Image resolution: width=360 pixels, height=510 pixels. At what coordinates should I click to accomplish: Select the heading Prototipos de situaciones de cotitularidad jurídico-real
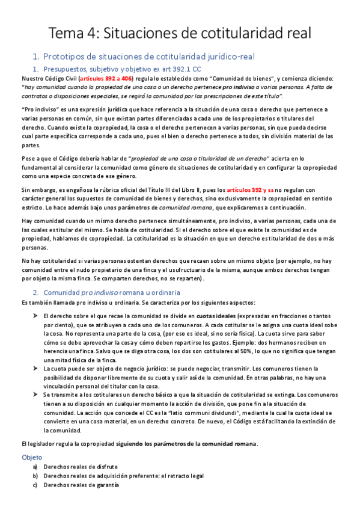pos(150,57)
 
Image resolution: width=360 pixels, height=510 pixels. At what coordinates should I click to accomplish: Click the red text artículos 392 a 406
pos(95,79)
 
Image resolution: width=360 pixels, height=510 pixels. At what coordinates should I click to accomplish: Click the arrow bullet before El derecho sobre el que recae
pos(35,315)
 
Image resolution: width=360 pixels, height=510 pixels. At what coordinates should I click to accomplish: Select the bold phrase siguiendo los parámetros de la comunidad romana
pos(188,444)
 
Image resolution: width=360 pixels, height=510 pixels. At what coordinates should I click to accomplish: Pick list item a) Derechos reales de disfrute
pos(81,467)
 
